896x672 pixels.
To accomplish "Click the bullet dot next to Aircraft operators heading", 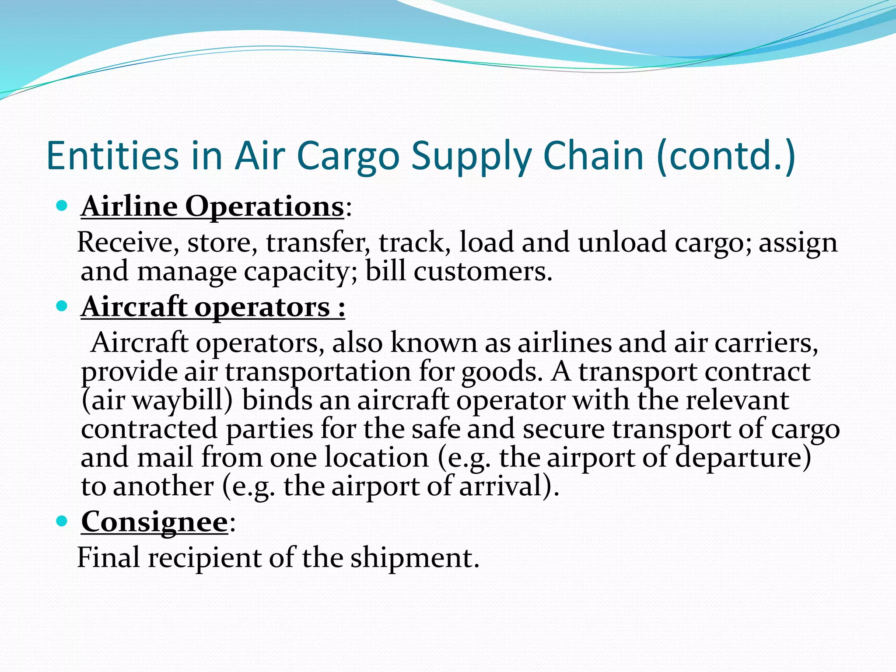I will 62,305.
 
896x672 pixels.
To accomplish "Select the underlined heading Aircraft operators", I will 212,307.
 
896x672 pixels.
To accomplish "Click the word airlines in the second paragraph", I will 564,343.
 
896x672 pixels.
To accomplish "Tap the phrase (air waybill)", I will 157,400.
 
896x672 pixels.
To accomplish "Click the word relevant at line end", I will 737,400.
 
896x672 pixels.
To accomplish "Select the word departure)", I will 743,458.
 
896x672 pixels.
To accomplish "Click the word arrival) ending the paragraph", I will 508,486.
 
